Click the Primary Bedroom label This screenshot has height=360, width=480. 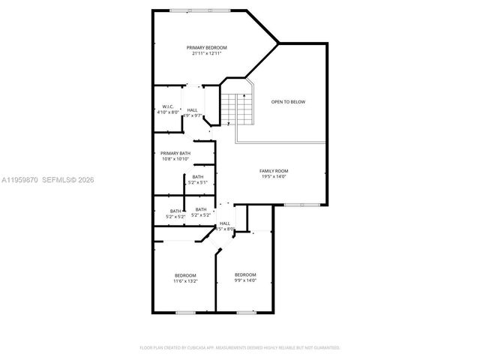[x=207, y=47]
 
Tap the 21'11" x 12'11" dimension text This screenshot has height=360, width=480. [x=207, y=53]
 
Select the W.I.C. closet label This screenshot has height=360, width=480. [x=168, y=106]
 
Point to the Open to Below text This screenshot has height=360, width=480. [x=288, y=101]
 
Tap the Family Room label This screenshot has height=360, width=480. [x=274, y=171]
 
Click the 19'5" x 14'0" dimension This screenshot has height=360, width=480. [x=274, y=177]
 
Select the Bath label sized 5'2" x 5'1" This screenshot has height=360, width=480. [x=197, y=176]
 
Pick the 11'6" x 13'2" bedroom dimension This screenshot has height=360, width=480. [x=185, y=281]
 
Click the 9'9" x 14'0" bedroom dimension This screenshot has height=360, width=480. [x=245, y=280]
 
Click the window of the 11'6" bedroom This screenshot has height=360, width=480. [x=185, y=312]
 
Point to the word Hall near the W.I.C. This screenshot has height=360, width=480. [x=193, y=110]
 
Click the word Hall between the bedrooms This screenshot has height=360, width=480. [x=225, y=223]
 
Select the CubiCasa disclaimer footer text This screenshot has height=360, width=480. [x=240, y=348]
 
